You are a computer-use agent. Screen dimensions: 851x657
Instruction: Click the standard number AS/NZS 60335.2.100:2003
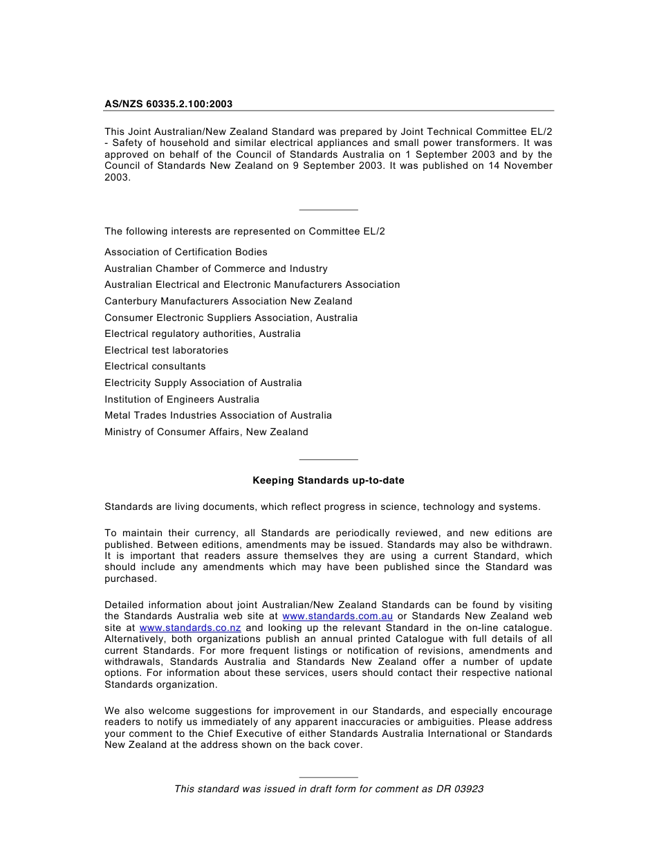point(168,104)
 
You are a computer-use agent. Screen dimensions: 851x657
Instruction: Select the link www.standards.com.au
point(337,616)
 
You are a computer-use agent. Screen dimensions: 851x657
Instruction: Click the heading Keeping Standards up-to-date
point(328,480)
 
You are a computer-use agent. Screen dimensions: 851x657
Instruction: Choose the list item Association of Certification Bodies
point(186,253)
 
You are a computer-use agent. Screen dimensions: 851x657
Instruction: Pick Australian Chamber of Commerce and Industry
point(216,268)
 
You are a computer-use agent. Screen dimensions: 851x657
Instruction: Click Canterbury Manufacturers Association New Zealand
point(228,302)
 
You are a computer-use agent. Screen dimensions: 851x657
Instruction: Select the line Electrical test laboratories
point(166,351)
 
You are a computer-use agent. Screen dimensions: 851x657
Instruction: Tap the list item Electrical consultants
point(155,367)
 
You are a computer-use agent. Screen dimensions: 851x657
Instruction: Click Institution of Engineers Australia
point(182,399)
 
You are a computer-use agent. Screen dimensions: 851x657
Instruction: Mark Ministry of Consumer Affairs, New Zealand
point(206,432)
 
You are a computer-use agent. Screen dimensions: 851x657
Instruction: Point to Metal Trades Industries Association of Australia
point(218,416)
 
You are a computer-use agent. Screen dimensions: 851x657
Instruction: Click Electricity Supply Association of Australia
point(203,383)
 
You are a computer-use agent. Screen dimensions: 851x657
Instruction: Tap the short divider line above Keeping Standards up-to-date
point(328,459)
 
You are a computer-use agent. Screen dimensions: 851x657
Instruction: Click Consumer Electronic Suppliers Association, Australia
point(231,318)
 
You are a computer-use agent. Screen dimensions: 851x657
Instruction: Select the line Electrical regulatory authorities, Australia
point(203,334)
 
